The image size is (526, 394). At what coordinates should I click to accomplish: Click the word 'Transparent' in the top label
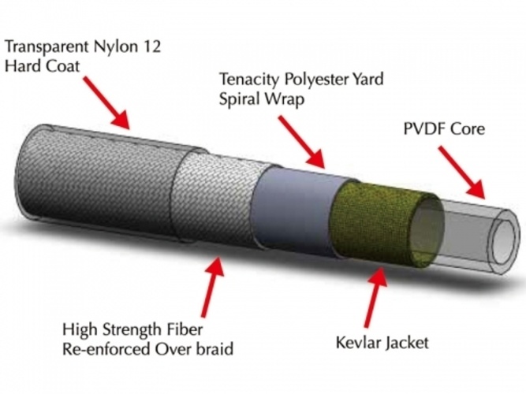[47, 47]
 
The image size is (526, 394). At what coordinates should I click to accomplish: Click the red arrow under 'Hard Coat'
[106, 105]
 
